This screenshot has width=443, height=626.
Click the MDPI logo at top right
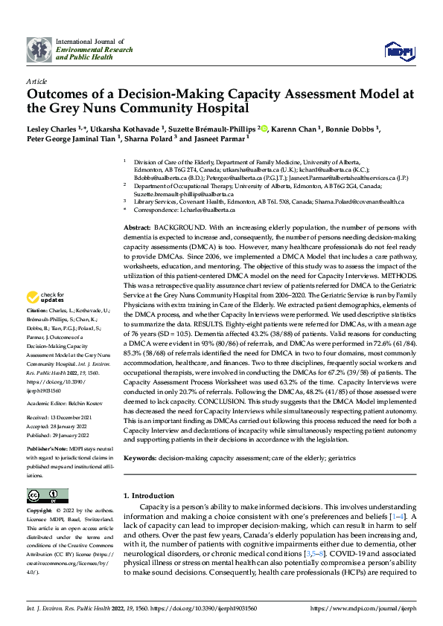click(x=398, y=50)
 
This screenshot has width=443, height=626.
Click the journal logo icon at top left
click(x=39, y=50)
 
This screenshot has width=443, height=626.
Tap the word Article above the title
click(x=37, y=80)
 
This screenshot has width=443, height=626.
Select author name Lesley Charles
click(x=51, y=129)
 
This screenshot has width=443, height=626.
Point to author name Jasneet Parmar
click(x=222, y=139)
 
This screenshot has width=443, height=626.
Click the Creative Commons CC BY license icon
click(x=48, y=495)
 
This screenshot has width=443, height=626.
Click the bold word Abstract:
click(x=137, y=227)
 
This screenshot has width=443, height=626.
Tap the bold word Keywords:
click(x=139, y=460)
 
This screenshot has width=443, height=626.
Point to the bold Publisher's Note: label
click(x=51, y=451)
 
